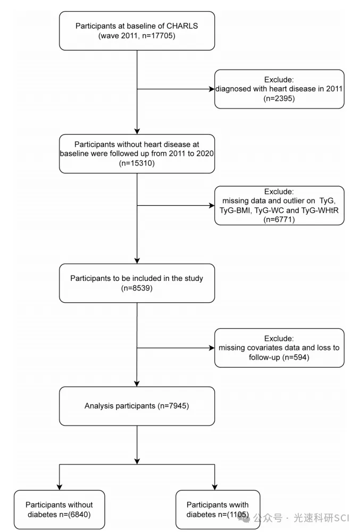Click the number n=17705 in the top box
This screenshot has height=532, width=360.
[x=157, y=36]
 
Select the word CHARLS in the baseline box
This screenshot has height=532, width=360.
[x=182, y=26]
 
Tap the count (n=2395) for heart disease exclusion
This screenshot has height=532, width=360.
[x=279, y=98]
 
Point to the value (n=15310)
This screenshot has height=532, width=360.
[x=137, y=163]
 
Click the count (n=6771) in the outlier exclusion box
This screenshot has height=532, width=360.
[x=279, y=220]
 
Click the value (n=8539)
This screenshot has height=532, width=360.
[x=137, y=288]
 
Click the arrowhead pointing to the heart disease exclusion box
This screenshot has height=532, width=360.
[x=212, y=89]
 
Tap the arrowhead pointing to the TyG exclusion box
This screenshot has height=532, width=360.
[x=212, y=205]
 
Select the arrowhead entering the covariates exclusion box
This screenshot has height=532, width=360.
[x=212, y=348]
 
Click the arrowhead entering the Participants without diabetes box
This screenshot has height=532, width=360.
[x=60, y=487]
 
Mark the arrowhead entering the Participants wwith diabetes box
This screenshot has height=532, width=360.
[x=215, y=487]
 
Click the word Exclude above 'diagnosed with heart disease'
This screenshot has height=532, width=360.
[x=279, y=80]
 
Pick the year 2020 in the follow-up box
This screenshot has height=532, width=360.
[x=205, y=153]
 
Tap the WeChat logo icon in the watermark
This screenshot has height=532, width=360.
[x=244, y=518]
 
